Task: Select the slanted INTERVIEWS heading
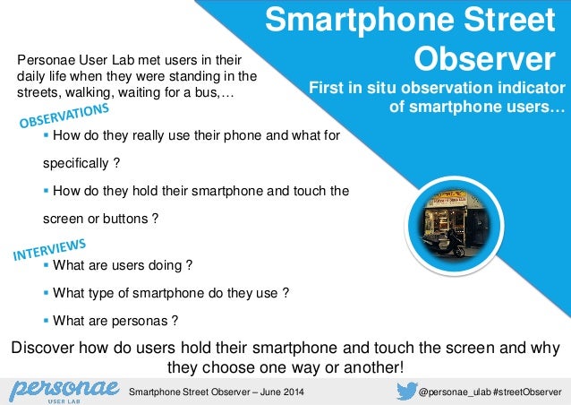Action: (x=49, y=249)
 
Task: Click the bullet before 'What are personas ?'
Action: (x=47, y=320)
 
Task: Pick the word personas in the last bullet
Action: (x=143, y=320)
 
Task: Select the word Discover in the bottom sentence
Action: (x=38, y=348)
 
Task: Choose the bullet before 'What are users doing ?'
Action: (x=47, y=265)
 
